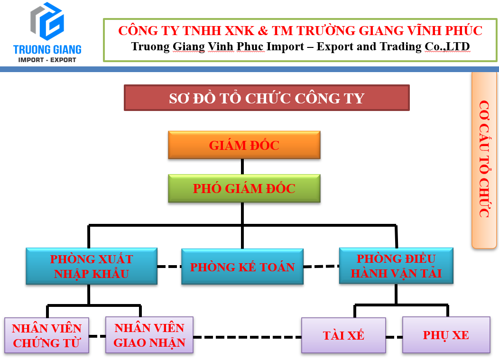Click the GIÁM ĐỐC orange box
244,145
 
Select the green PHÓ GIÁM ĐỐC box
244,188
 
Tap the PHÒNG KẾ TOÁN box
242,267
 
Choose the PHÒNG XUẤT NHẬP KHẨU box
92,266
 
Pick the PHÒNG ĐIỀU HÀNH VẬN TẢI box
396,266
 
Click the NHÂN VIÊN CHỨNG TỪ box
46,335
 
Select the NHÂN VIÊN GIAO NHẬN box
149,335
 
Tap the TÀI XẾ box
343,335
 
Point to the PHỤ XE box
446,335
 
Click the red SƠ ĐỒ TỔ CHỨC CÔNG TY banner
266,98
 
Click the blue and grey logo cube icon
47,21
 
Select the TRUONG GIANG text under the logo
47,49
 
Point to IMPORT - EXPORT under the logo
47,60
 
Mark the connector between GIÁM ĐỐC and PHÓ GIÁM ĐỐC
242,166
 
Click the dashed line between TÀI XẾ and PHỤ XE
394,337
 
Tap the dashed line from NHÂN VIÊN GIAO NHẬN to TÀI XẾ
247,337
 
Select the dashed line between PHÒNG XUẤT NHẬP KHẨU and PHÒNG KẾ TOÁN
169,267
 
